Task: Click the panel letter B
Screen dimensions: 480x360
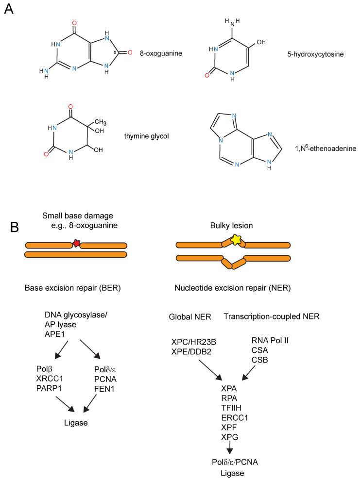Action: [x=9, y=227]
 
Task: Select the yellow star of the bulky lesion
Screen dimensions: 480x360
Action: [x=236, y=239]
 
